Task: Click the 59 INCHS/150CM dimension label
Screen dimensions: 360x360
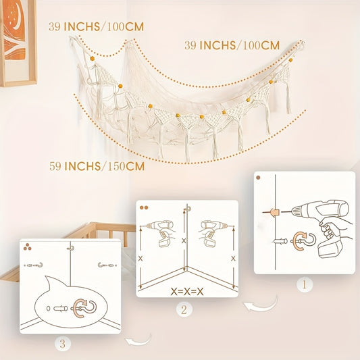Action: coord(97,166)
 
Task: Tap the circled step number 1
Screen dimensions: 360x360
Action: coord(305,285)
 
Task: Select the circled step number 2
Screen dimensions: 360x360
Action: coord(184,310)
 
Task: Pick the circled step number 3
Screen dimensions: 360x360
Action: coord(62,344)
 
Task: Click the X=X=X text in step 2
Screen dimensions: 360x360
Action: coord(187,292)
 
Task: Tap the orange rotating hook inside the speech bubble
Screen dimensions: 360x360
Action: coord(84,308)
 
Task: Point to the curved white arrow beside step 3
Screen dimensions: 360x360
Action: coord(138,340)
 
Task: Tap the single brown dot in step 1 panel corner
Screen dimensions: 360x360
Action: coord(258,178)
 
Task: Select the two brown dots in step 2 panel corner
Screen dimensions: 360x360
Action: coord(144,208)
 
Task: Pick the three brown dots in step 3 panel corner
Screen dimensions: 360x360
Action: coord(27,247)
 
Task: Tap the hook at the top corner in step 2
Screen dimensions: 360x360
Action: coord(188,209)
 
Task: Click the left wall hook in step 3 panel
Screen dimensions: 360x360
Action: coord(34,265)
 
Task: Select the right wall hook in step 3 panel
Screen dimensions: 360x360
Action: coord(107,265)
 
